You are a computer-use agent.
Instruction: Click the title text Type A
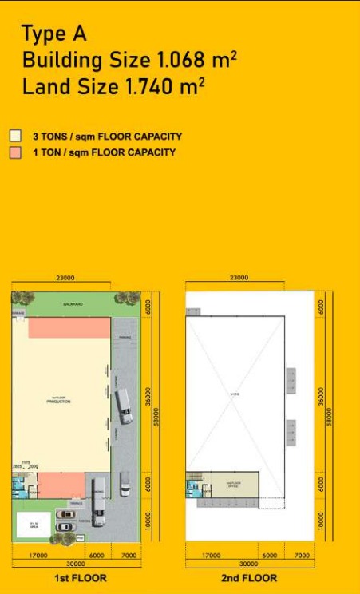pyautogui.click(x=53, y=34)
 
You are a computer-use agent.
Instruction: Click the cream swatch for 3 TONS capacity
pyautogui.click(x=14, y=137)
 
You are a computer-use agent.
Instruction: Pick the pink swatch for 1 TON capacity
pyautogui.click(x=14, y=152)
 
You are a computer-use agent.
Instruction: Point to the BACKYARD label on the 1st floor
pyautogui.click(x=73, y=304)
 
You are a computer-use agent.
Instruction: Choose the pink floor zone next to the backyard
pyautogui.click(x=69, y=327)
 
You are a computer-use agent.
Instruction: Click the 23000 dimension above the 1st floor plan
pyautogui.click(x=65, y=279)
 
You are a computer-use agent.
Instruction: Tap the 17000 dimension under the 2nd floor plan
pyautogui.click(x=212, y=555)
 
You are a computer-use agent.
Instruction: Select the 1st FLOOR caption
pyautogui.click(x=80, y=578)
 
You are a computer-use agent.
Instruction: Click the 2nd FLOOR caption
pyautogui.click(x=249, y=578)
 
